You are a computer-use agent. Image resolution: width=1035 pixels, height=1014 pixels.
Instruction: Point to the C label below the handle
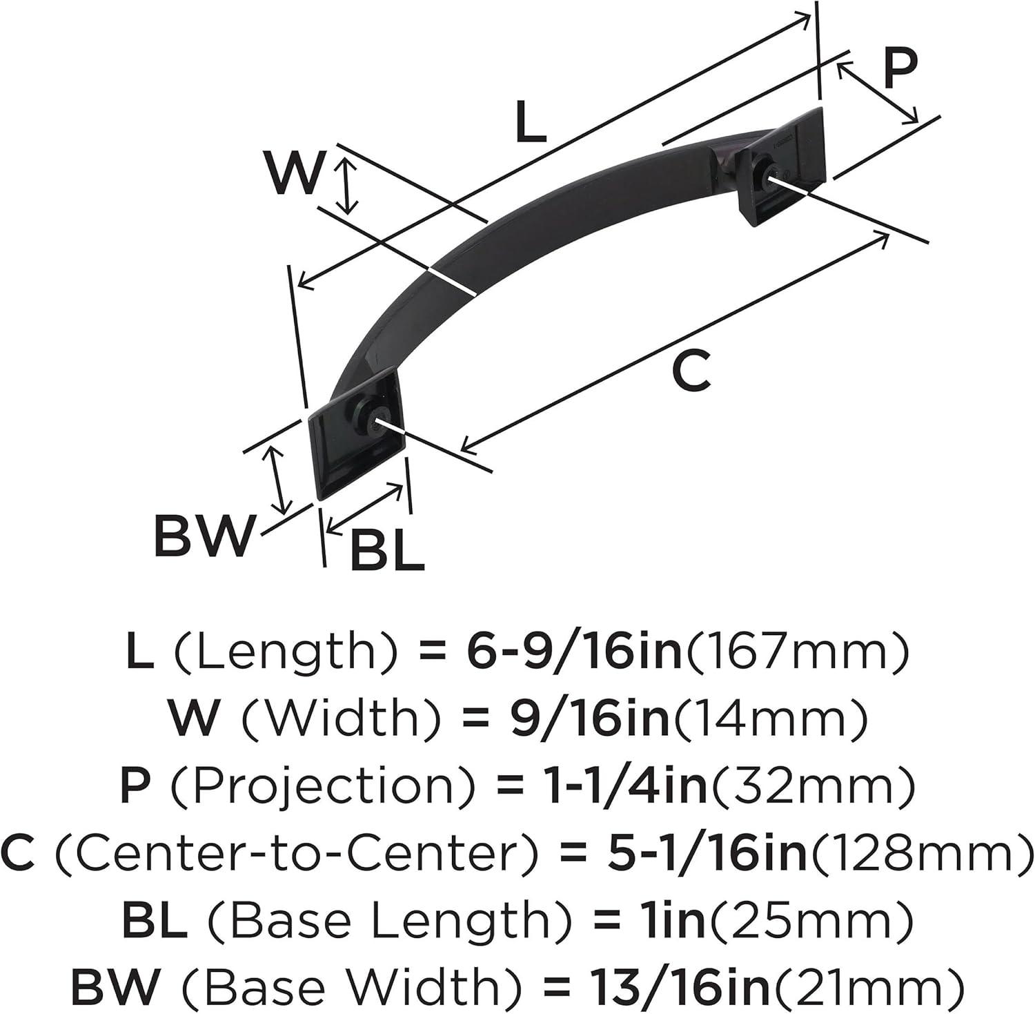click(x=691, y=371)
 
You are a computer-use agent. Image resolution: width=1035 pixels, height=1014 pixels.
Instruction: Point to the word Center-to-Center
click(x=295, y=853)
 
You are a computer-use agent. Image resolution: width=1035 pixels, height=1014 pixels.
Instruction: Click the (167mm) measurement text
click(x=796, y=652)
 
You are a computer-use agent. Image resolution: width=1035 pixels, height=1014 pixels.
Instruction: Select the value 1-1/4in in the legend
click(x=605, y=786)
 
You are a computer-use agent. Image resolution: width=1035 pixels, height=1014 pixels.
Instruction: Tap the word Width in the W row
click(x=340, y=719)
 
